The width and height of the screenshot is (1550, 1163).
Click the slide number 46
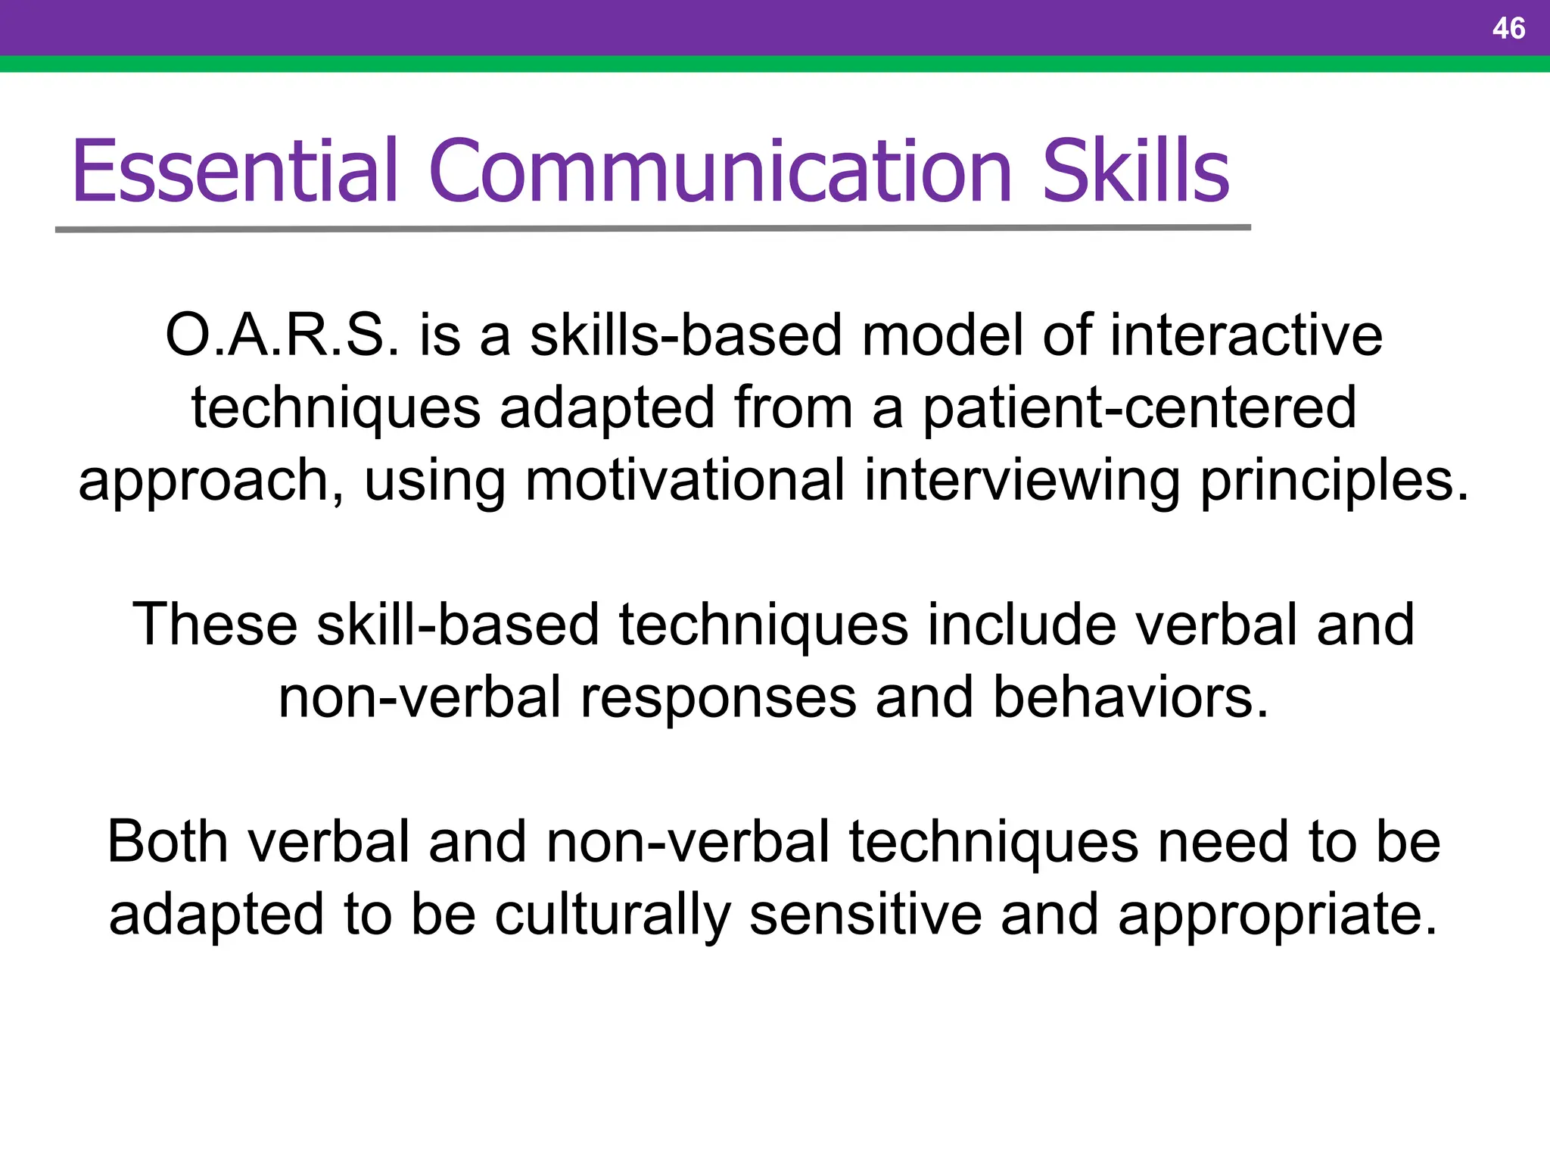[x=1508, y=29]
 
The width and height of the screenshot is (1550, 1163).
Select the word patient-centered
[x=1139, y=407]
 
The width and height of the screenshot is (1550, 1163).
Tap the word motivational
[x=685, y=480]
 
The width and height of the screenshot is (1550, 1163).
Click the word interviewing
[x=1022, y=480]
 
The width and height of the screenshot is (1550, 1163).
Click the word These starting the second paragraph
[x=215, y=625]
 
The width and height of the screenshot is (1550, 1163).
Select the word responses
[x=718, y=697]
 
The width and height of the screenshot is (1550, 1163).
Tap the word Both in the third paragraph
[x=167, y=842]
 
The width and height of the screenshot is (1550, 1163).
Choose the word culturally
[x=612, y=915]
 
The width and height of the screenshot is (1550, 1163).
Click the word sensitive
[x=866, y=915]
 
